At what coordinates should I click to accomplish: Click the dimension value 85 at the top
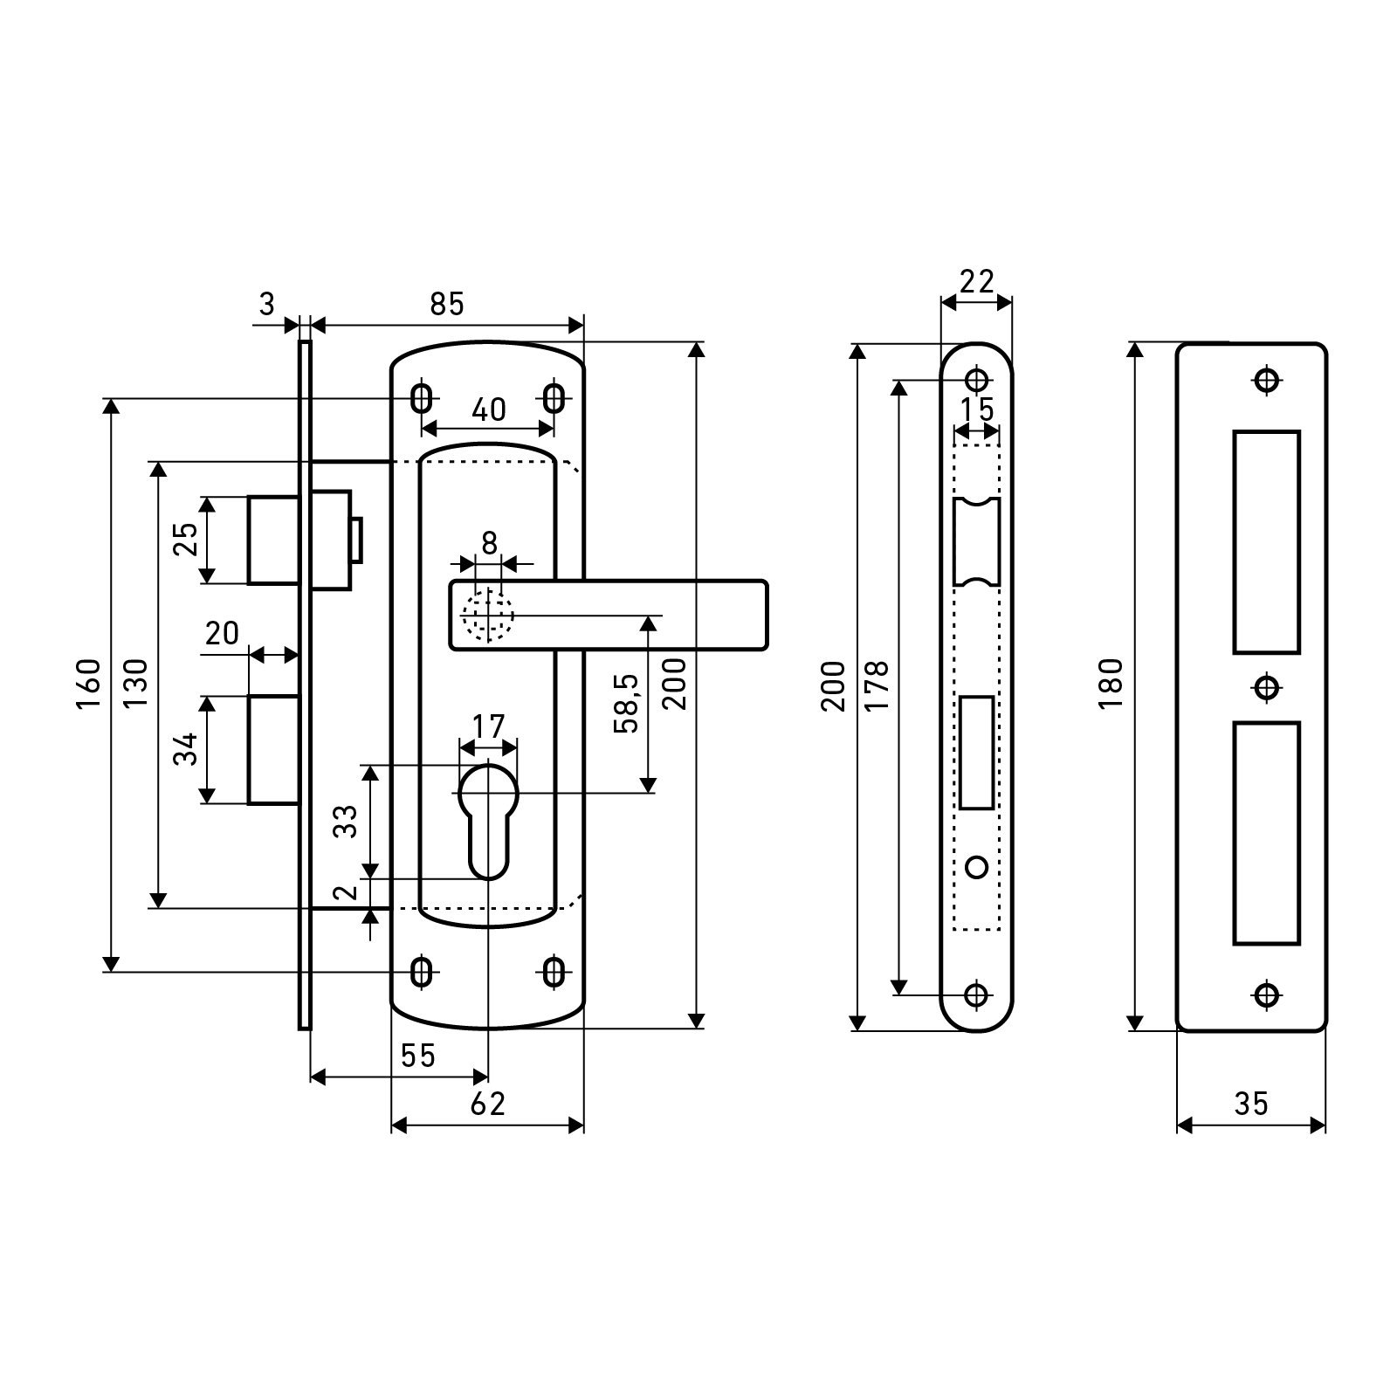tap(446, 304)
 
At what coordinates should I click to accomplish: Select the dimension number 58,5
tap(626, 704)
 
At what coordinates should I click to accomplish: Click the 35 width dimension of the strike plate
tap(1250, 1104)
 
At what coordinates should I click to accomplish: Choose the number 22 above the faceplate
tap(976, 281)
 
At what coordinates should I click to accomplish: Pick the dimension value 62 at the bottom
tap(487, 1104)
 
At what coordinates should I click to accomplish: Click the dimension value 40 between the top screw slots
tap(488, 409)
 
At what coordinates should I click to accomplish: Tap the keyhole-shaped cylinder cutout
tap(488, 821)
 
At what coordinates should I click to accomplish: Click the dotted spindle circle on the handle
tap(487, 616)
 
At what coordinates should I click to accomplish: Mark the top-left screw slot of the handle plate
tap(421, 399)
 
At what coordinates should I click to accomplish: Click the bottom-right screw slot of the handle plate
tap(554, 971)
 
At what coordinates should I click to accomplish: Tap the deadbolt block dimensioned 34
tap(274, 749)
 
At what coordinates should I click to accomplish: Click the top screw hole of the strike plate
tap(1266, 380)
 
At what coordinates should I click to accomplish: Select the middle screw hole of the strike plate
tap(1266, 687)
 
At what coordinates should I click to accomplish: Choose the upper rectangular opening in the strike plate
tap(1266, 541)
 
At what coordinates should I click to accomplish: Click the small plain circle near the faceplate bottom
tap(977, 867)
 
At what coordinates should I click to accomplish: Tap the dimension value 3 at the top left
tap(267, 304)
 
